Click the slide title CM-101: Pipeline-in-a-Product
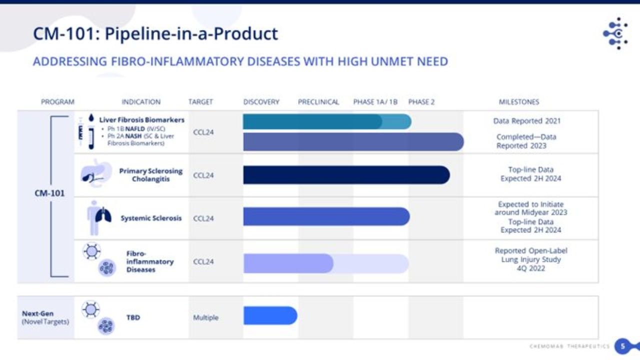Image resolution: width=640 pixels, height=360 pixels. pyautogui.click(x=155, y=34)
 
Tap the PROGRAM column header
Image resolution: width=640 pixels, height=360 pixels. pyautogui.click(x=57, y=102)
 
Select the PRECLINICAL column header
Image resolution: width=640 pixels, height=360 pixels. pyautogui.click(x=318, y=102)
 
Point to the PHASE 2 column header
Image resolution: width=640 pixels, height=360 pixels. pyautogui.click(x=421, y=102)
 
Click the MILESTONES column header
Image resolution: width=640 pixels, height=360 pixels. pyautogui.click(x=519, y=102)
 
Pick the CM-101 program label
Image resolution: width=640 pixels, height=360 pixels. pyautogui.click(x=49, y=193)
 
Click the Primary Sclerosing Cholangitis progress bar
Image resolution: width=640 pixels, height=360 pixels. pyautogui.click(x=346, y=175)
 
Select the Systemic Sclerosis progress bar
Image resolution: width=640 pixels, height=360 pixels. pyautogui.click(x=326, y=216)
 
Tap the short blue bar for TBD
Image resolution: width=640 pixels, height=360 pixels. pyautogui.click(x=270, y=315)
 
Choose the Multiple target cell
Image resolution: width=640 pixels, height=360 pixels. pyautogui.click(x=205, y=317)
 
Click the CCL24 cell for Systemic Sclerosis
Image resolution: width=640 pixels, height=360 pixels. pyautogui.click(x=203, y=218)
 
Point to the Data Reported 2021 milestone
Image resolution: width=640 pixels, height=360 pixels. pyautogui.click(x=526, y=121)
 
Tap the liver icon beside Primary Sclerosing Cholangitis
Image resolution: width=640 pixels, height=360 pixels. pyautogui.click(x=93, y=173)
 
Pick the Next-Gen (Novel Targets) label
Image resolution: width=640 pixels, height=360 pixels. pyautogui.click(x=45, y=317)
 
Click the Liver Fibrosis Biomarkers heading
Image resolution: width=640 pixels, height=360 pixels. pyautogui.click(x=141, y=120)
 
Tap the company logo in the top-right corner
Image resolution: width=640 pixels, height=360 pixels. pyautogui.click(x=616, y=33)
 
